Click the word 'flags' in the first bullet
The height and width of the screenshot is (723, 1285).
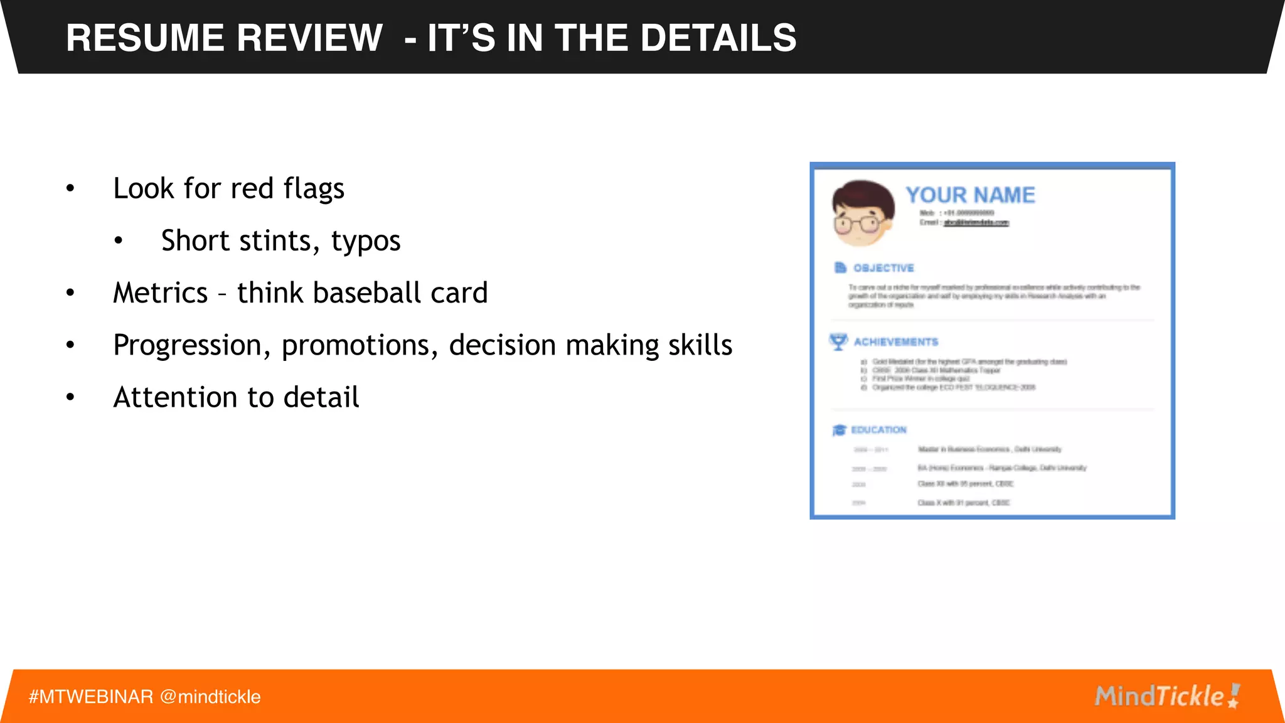[x=314, y=189]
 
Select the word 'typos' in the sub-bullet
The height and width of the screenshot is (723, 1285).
[x=366, y=241]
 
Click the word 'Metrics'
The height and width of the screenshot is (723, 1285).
[x=160, y=293]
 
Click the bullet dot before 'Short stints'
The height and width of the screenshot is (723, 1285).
[x=118, y=242]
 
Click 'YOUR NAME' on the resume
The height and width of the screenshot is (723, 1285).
[x=970, y=195]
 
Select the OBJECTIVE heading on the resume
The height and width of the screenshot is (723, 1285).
[x=883, y=268]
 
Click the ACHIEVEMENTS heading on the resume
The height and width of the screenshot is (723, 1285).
[x=895, y=342]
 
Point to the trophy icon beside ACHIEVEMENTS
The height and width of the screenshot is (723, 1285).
[x=838, y=342]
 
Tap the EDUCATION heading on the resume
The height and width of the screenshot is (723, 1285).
[x=878, y=430]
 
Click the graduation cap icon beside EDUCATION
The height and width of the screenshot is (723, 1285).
[x=839, y=430]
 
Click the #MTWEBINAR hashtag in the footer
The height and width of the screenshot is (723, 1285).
[x=91, y=697]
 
